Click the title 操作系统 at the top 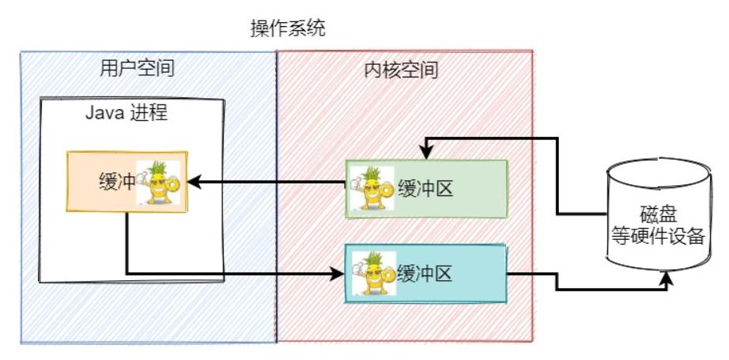[x=287, y=29]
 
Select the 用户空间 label [x=137, y=69]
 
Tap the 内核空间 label [x=401, y=70]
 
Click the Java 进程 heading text [x=127, y=112]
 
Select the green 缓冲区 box [x=425, y=189]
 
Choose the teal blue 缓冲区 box [x=425, y=274]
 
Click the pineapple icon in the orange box [x=159, y=182]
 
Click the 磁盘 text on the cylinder [x=657, y=214]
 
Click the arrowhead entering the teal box [x=338, y=274]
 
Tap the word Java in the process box [x=101, y=112]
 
